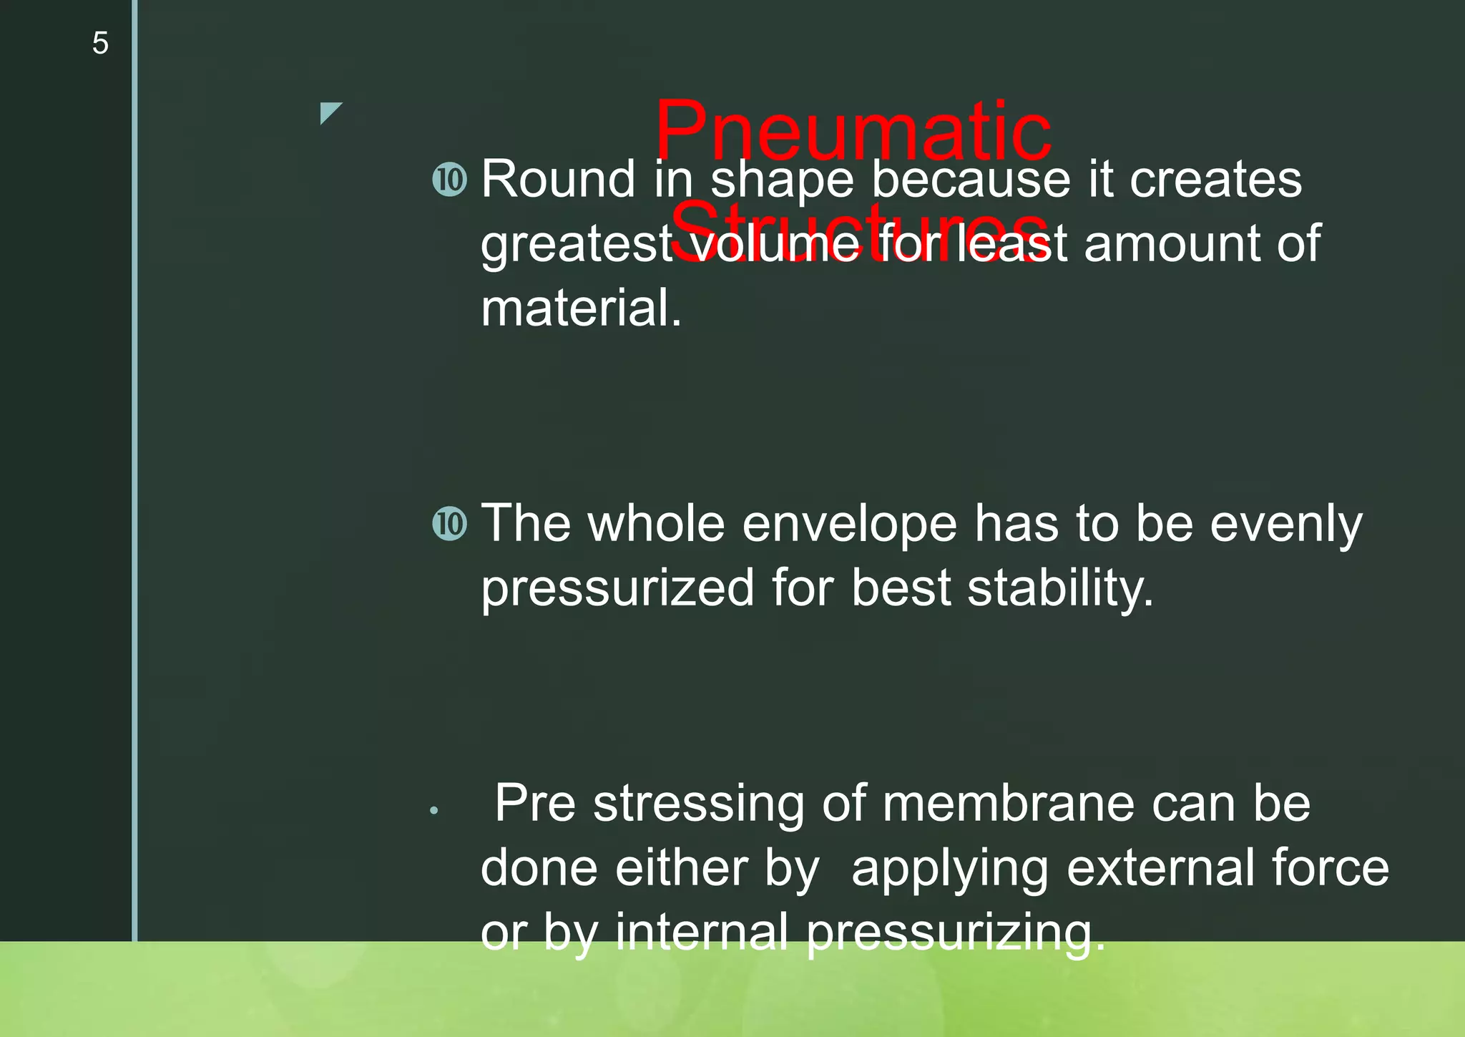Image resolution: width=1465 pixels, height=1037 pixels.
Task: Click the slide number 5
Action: (x=100, y=44)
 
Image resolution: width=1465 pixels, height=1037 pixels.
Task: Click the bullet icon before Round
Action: (x=450, y=179)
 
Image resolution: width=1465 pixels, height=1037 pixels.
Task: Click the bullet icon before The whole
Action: (x=450, y=523)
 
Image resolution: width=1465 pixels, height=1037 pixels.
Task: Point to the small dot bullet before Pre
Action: (x=434, y=811)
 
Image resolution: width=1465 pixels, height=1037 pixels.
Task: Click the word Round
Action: (x=558, y=179)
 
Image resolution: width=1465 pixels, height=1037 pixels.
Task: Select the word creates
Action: (x=1215, y=179)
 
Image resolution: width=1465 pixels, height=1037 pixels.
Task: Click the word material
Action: (x=581, y=308)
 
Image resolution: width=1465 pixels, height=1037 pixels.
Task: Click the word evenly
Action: (x=1285, y=525)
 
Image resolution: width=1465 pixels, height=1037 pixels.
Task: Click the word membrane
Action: (x=1008, y=804)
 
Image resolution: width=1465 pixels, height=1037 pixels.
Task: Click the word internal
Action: (x=701, y=933)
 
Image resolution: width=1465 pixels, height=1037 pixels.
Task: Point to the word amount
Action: (x=1172, y=244)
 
